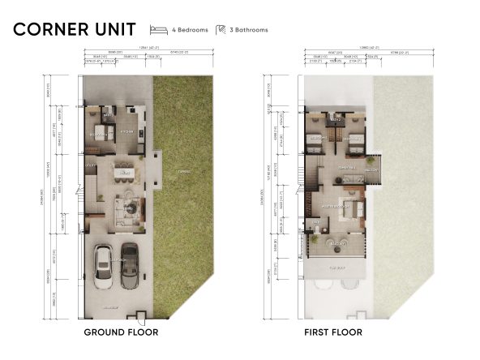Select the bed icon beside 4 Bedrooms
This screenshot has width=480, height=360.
pyautogui.click(x=158, y=30)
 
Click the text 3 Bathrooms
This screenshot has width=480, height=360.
pyautogui.click(x=248, y=30)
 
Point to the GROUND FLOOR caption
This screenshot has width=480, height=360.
pyautogui.click(x=121, y=332)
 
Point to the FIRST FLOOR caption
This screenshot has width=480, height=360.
pyautogui.click(x=333, y=332)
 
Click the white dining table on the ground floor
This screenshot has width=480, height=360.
pyautogui.click(x=122, y=172)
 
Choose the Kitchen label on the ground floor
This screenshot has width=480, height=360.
pyautogui.click(x=126, y=130)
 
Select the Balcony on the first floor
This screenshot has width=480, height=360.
pyautogui.click(x=372, y=169)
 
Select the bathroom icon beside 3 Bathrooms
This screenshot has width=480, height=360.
pyautogui.click(x=220, y=30)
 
